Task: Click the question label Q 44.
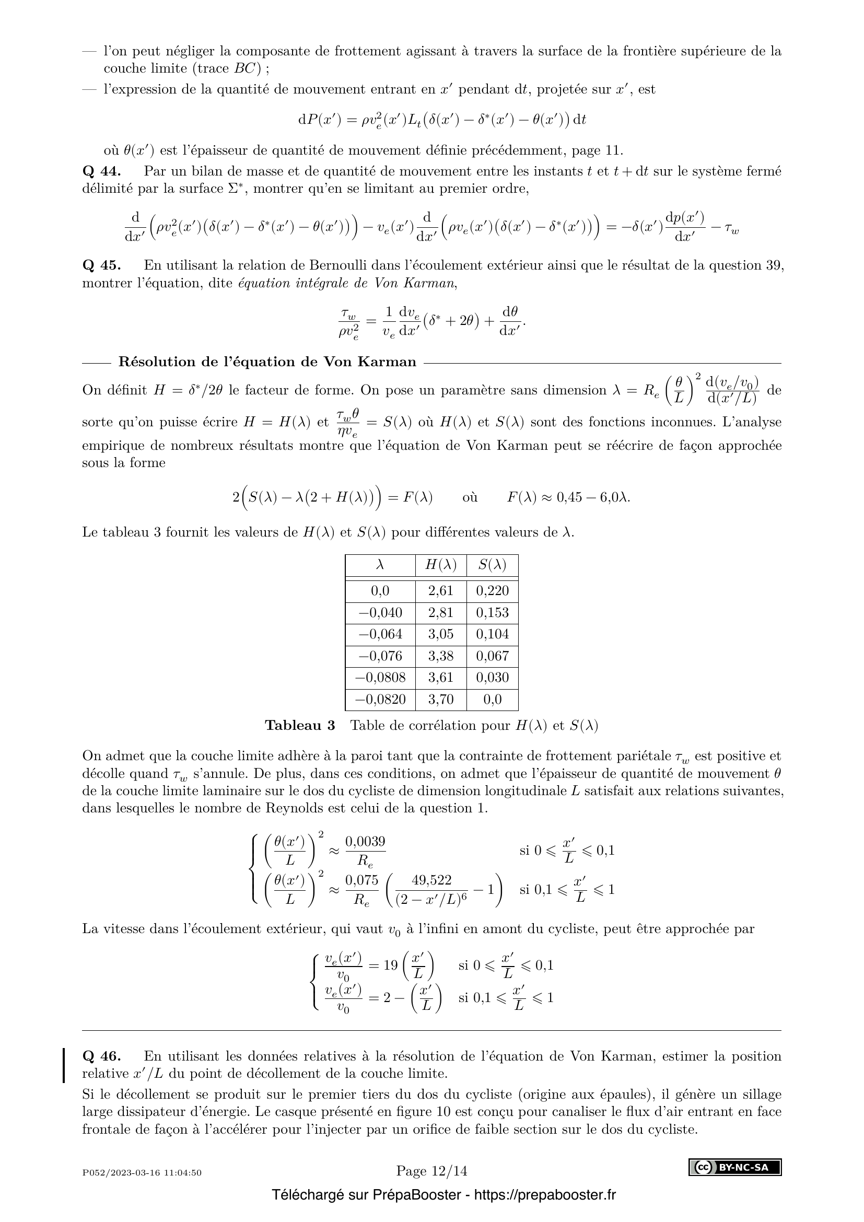pos(102,171)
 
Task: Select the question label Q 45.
pos(102,265)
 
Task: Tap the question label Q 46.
pos(102,1056)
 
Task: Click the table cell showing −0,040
pos(380,613)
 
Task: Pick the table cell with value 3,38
pos(440,656)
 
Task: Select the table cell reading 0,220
pos(492,591)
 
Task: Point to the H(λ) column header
pos(440,565)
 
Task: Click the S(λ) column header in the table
pos(492,565)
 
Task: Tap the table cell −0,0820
pos(380,700)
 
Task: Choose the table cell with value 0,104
pos(492,634)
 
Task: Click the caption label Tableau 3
pos(300,726)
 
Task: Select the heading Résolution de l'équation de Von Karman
pos(267,363)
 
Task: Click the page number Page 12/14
pos(431,1171)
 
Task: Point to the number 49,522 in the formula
pos(431,881)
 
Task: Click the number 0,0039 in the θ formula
pos(366,842)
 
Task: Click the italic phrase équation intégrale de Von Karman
pos(347,283)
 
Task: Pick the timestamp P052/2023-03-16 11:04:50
pos(142,1172)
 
